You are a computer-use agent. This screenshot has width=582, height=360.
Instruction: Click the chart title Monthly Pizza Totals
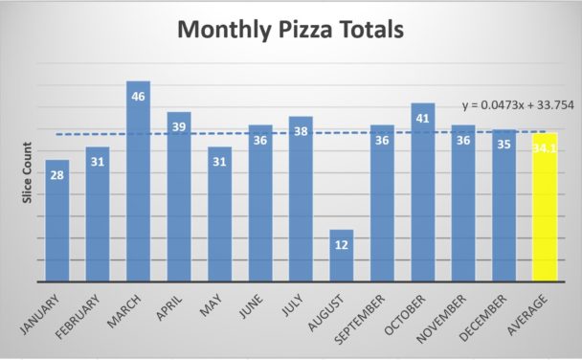291,31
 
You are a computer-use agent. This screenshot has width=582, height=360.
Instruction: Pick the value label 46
138,96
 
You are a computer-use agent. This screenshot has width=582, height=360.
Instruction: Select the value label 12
342,244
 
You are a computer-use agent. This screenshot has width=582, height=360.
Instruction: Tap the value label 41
423,118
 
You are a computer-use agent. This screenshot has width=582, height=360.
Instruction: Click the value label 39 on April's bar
179,126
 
